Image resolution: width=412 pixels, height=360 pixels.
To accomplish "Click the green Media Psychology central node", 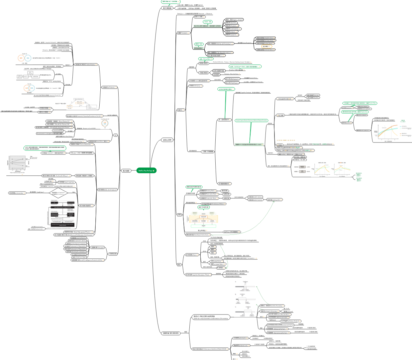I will point(146,171).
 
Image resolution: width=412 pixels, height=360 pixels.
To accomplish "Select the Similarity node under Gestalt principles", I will point(231,23).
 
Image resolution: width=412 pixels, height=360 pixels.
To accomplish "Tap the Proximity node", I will point(231,26).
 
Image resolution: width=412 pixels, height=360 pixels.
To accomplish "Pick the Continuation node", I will point(232,29).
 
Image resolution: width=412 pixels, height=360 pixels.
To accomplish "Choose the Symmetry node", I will point(231,35).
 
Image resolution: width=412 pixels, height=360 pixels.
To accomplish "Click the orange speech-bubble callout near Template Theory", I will point(267,46).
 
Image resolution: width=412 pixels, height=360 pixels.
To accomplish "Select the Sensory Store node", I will point(207,191).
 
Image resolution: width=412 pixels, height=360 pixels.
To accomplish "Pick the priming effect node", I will point(274,200).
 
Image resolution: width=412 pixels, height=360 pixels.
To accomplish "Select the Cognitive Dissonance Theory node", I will point(198,275).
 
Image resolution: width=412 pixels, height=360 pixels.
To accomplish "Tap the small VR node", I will point(115,135).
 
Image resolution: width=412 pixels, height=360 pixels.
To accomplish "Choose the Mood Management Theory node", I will point(77,232).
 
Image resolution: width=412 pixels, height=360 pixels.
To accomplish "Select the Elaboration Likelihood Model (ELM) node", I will point(210,349).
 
